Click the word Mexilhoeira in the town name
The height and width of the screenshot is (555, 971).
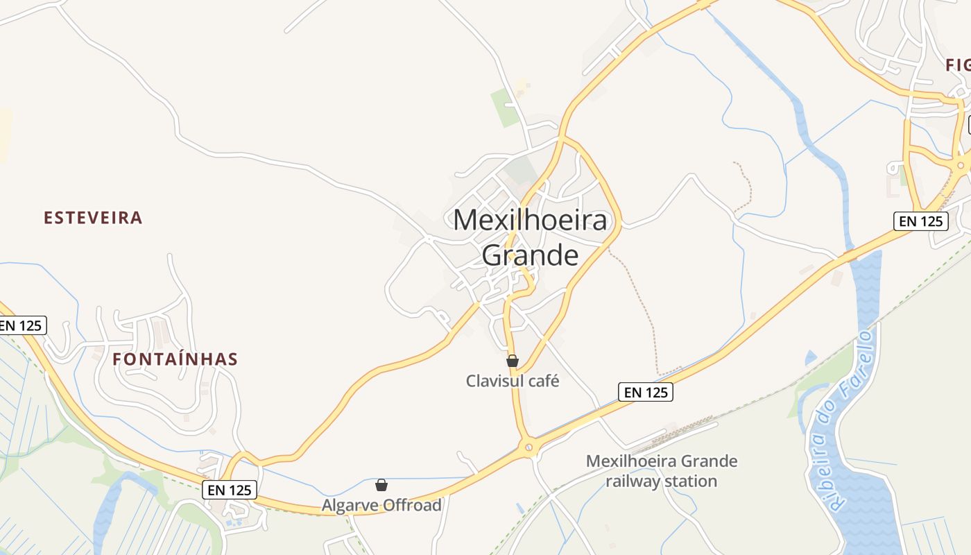click(x=530, y=220)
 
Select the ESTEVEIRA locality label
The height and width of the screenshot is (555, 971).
click(x=93, y=218)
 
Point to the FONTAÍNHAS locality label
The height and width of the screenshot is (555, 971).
click(x=175, y=359)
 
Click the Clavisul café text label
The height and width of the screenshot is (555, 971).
click(x=512, y=381)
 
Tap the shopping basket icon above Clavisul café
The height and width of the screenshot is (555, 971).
click(x=513, y=361)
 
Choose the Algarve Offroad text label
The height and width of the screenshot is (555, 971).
click(x=381, y=505)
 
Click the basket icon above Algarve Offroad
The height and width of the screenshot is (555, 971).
click(x=381, y=485)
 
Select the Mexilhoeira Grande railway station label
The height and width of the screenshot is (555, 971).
click(x=662, y=471)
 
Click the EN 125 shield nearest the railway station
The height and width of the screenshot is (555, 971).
click(x=645, y=392)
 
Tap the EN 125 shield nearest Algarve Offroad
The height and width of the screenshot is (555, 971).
click(x=230, y=490)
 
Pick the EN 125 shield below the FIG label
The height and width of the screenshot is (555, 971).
click(x=920, y=221)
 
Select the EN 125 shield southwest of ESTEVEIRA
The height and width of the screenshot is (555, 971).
click(x=21, y=325)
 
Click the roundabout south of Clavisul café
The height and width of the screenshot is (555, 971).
click(x=530, y=447)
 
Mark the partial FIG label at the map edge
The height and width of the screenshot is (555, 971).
click(x=958, y=65)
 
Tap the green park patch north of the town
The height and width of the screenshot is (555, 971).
click(x=505, y=107)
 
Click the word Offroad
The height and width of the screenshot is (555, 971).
click(x=412, y=505)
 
